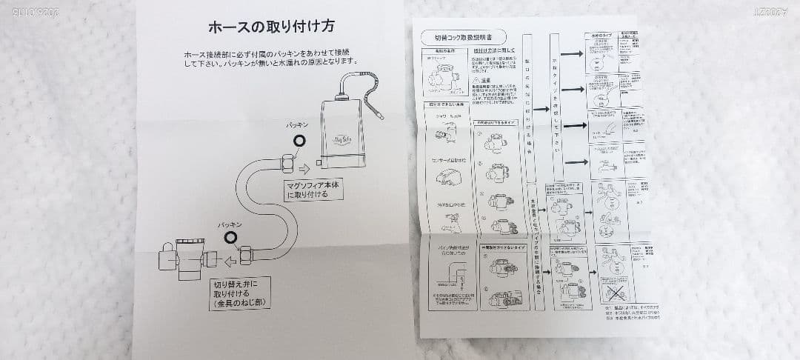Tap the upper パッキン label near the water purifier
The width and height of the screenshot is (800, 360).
click(297, 126)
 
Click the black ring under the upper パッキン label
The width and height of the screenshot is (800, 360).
click(299, 140)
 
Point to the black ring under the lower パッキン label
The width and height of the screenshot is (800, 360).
click(231, 237)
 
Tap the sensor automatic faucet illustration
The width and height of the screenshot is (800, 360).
click(445, 176)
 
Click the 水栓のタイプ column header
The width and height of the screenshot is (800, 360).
click(599, 36)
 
